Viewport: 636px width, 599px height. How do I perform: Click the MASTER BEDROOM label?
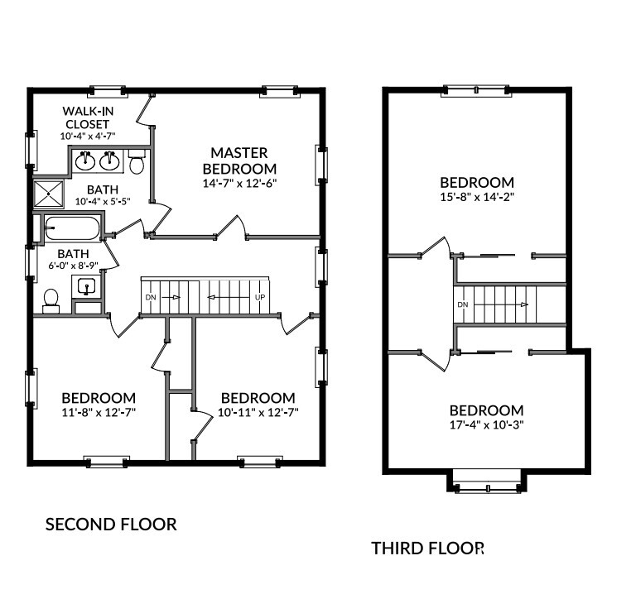coord(239,161)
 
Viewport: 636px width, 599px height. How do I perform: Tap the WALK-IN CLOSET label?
coord(88,117)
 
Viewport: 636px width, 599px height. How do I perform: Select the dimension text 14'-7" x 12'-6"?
coord(239,183)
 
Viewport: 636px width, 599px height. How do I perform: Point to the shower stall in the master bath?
coord(49,194)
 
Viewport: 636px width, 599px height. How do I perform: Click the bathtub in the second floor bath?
coord(72,228)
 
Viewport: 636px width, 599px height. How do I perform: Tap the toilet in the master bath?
coord(137,161)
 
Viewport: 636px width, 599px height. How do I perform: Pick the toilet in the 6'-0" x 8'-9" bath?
coord(51,300)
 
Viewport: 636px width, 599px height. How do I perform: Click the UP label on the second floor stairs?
coord(260,297)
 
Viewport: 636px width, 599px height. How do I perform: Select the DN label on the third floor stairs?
coord(463,304)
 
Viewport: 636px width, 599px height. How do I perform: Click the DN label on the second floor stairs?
coord(151,297)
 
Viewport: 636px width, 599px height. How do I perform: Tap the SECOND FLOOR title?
coord(111,525)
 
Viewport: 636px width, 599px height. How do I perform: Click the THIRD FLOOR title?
coord(428,549)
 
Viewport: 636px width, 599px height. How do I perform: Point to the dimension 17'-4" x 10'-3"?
coord(487,424)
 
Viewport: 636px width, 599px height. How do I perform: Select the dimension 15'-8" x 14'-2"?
coord(477,197)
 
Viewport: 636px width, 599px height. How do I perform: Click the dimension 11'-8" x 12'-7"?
coord(99,412)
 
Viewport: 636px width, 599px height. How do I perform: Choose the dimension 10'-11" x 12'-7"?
coord(258,412)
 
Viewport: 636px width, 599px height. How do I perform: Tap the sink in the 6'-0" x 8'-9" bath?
coord(87,286)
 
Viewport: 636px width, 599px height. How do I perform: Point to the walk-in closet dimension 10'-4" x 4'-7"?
coord(88,136)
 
